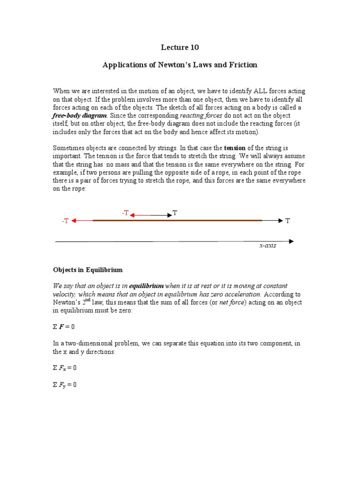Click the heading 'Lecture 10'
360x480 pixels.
tap(180, 47)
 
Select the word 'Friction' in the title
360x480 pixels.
tap(242, 65)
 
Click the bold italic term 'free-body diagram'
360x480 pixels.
tap(80, 115)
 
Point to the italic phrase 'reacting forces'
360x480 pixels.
tap(201, 115)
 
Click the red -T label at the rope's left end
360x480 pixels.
tap(65, 221)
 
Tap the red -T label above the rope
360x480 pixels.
tap(125, 213)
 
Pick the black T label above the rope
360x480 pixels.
tap(175, 213)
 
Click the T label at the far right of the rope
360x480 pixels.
tap(288, 221)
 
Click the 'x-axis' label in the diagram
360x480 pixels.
tap(268, 246)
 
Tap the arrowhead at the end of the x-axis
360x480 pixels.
tap(292, 241)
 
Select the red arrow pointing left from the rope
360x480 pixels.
tap(82, 220)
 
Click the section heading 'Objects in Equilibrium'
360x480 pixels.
tap(88, 270)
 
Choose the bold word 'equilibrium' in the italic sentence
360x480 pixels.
tap(146, 286)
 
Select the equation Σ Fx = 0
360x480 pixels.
tap(65, 368)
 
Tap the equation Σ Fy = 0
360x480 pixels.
tap(65, 385)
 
